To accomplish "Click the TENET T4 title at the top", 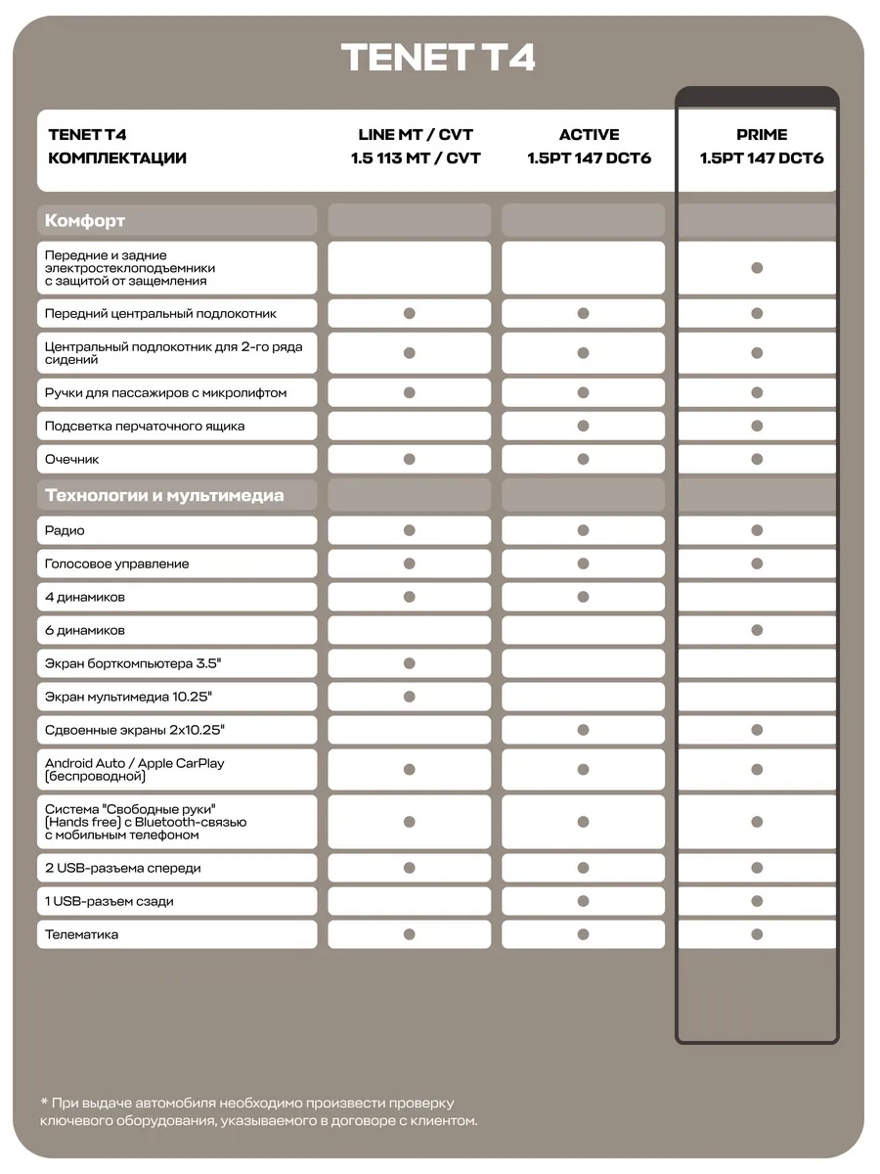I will click(x=439, y=58).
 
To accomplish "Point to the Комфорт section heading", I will click(x=85, y=220).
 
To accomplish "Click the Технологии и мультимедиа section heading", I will click(x=164, y=495).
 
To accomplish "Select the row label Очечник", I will click(x=72, y=459).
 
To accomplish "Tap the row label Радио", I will click(x=65, y=530).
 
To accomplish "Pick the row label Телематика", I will click(x=82, y=934).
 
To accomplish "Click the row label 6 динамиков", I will click(x=85, y=630).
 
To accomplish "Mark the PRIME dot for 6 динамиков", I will click(x=757, y=630).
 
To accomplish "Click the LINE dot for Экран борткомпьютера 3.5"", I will click(x=410, y=663).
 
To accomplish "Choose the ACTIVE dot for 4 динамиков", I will click(x=583, y=597).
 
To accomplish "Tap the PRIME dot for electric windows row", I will click(x=757, y=268).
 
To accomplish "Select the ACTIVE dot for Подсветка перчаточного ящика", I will click(x=583, y=426).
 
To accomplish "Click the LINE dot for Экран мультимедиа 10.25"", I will click(x=410, y=697).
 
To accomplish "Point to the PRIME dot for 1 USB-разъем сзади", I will click(x=757, y=901).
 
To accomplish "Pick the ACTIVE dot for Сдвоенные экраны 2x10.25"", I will click(x=583, y=730).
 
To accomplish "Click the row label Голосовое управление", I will click(x=117, y=564).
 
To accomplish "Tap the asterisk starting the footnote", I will click(x=45, y=1102).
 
